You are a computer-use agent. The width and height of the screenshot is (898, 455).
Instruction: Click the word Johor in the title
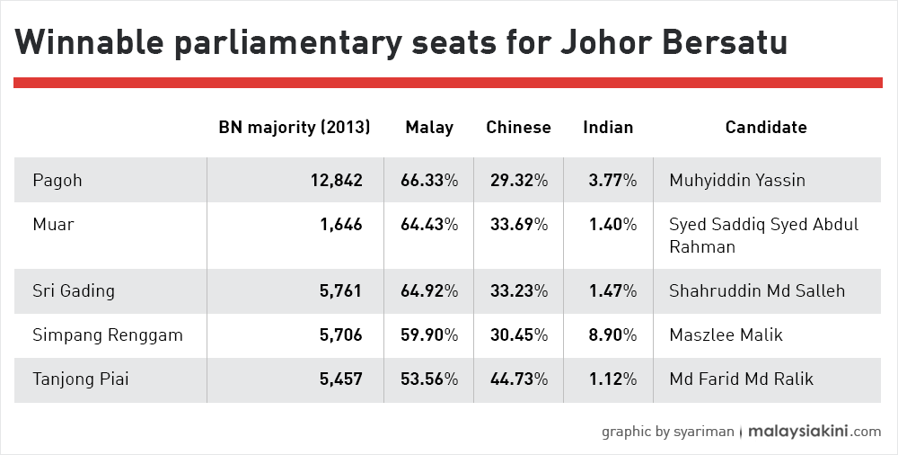(x=604, y=41)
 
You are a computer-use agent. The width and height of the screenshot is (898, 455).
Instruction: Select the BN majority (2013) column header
(x=295, y=127)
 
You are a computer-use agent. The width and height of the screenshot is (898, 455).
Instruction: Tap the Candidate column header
(x=766, y=127)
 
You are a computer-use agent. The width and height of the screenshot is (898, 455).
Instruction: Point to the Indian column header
(x=608, y=127)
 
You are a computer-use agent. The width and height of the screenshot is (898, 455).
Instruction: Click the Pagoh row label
(x=57, y=180)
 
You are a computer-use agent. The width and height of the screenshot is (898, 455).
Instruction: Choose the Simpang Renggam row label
(x=108, y=335)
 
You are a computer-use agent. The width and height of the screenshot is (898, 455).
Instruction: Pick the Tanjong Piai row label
(x=81, y=379)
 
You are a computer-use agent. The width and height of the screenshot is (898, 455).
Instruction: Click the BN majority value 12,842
(x=336, y=181)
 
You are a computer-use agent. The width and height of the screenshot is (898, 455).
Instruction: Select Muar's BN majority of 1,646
(x=340, y=224)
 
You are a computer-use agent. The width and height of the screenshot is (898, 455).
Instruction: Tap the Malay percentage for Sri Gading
(x=429, y=291)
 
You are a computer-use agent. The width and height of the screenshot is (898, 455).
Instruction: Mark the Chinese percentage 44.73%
(x=519, y=379)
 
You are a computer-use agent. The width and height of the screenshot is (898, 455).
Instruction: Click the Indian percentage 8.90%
(x=612, y=335)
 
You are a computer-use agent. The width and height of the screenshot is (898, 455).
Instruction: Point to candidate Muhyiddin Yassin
(x=737, y=181)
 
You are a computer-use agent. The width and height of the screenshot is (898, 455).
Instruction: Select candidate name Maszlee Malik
(x=726, y=335)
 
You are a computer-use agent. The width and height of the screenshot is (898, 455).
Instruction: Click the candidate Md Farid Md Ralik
(x=741, y=379)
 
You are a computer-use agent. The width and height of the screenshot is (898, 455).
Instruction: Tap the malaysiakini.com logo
(x=814, y=431)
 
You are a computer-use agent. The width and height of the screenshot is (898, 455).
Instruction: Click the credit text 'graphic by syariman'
(x=667, y=432)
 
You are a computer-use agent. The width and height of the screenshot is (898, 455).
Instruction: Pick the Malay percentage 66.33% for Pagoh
(x=429, y=181)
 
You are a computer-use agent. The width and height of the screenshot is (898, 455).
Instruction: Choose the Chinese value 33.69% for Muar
(x=519, y=224)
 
